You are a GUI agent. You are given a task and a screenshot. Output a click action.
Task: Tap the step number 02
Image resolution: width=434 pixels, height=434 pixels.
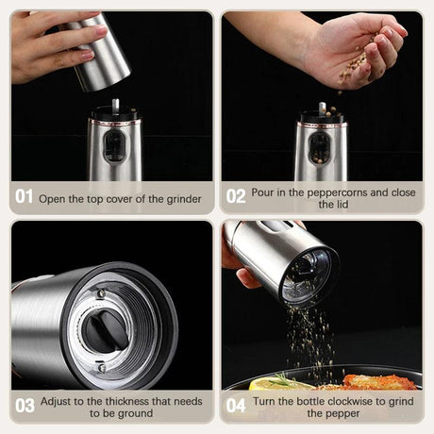[x=236, y=196]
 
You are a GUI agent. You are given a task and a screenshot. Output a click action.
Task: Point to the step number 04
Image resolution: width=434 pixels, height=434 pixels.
[x=236, y=406]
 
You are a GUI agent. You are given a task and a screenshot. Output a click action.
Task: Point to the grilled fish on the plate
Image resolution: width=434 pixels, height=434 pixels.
[x=377, y=382]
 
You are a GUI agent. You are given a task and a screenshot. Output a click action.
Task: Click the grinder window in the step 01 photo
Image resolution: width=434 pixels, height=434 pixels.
[x=112, y=146]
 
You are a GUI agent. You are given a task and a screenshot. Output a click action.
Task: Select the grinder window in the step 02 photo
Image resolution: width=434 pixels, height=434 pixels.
[x=320, y=147]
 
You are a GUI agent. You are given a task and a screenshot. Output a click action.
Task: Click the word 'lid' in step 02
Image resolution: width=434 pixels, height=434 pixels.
[x=326, y=204]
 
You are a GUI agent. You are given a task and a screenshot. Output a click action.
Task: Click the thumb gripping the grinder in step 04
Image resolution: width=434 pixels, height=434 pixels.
[x=247, y=277]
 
